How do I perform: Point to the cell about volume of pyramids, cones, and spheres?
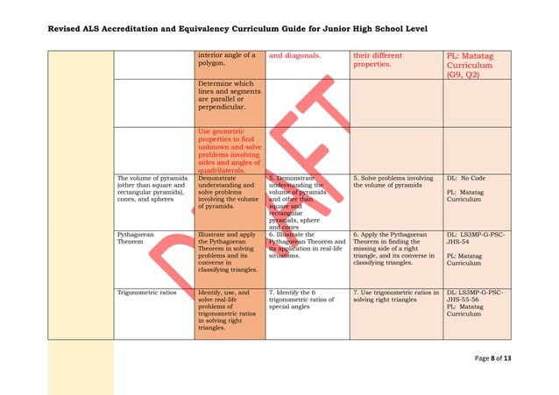tap(152, 189)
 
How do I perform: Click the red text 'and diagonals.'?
tap(294, 56)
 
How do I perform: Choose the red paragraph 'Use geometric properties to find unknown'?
tap(229, 150)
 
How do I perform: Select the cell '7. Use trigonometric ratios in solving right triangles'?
tap(394, 297)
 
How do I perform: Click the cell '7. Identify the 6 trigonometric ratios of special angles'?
tap(303, 297)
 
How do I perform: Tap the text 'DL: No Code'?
tap(466, 179)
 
